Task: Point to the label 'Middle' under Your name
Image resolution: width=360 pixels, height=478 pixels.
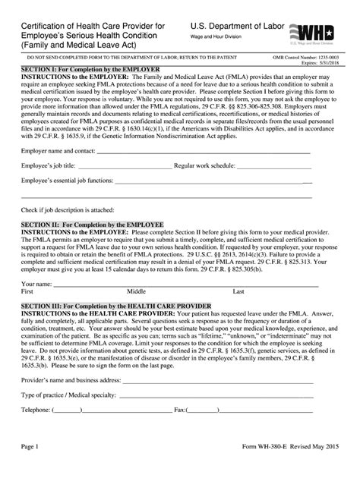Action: click(x=137, y=312)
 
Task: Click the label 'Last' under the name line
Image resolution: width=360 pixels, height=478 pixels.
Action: click(x=238, y=312)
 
